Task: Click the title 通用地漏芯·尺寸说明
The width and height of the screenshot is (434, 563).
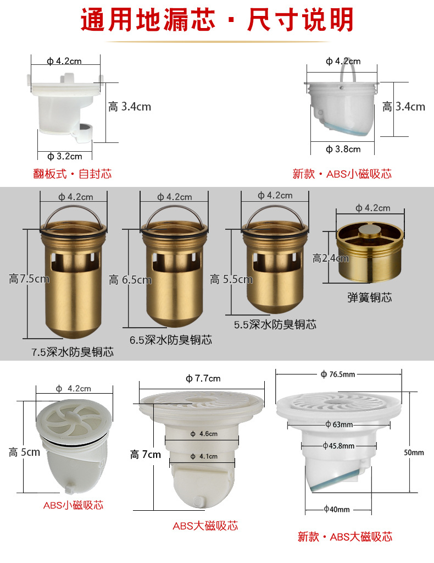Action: (217, 20)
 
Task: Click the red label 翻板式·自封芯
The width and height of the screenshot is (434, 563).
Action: (73, 174)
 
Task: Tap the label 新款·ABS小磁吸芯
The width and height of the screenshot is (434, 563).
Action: (342, 174)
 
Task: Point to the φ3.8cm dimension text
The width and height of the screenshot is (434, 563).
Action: (343, 149)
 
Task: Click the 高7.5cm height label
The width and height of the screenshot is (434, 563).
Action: (29, 279)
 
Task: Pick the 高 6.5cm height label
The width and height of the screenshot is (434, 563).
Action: (130, 280)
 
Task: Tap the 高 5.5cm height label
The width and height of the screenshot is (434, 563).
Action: (231, 279)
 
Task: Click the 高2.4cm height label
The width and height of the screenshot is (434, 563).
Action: (330, 258)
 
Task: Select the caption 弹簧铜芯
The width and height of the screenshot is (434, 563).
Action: (369, 297)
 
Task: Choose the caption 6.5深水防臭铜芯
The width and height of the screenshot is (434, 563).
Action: (171, 340)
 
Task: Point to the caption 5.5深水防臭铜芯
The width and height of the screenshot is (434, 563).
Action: (275, 324)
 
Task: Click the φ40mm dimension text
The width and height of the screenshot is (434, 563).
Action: (337, 509)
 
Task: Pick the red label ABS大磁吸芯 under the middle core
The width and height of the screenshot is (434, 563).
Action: (205, 526)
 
